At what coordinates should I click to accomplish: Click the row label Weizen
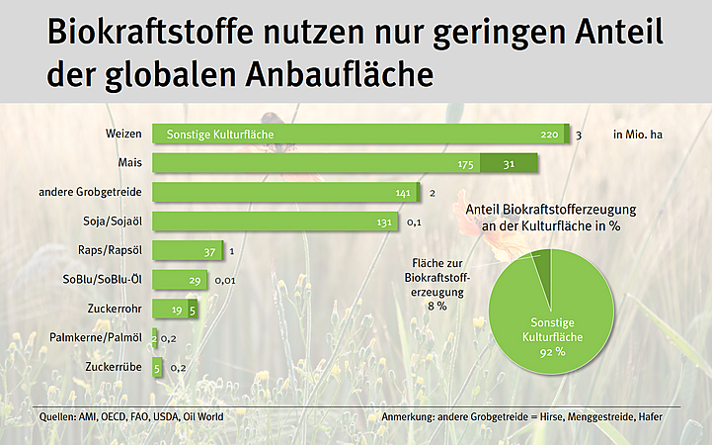[x=125, y=133]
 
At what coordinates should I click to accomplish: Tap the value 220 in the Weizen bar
[x=550, y=134]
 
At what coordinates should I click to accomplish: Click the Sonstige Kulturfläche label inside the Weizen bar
[x=219, y=134]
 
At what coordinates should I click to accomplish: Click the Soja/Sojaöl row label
[x=118, y=222]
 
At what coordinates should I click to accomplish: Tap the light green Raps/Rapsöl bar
[x=188, y=251]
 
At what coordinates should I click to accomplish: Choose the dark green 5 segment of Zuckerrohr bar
[x=193, y=310]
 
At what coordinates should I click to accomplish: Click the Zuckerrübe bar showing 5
[x=157, y=367]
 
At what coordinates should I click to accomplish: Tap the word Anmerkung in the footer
[x=410, y=416]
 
